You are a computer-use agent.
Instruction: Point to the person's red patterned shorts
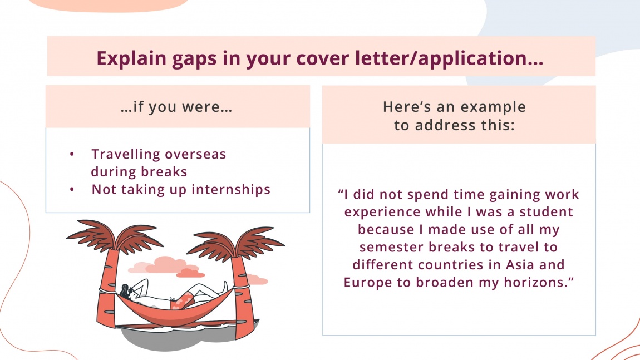(x=186, y=298)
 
